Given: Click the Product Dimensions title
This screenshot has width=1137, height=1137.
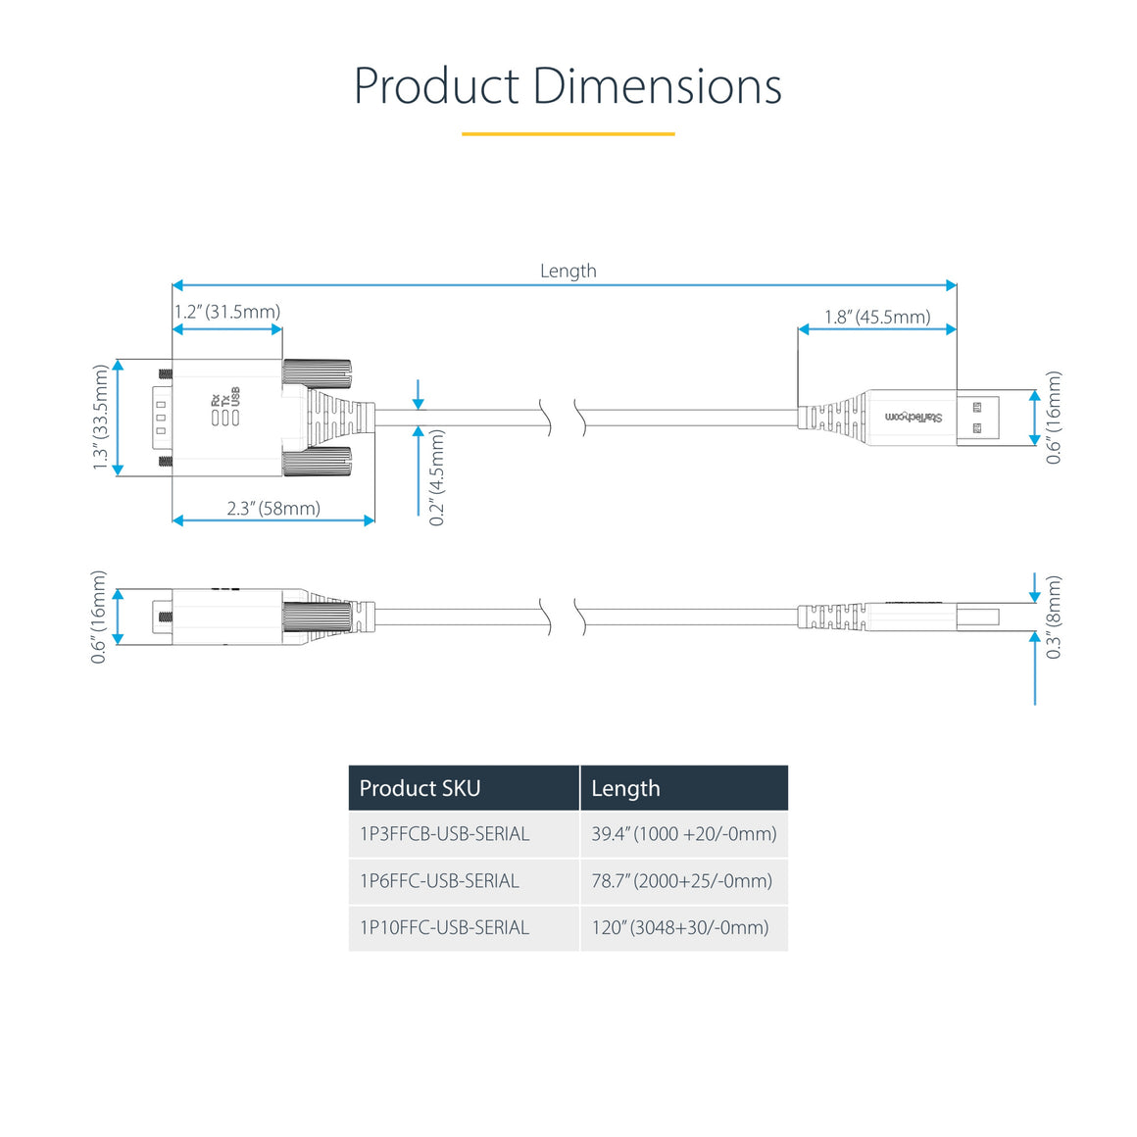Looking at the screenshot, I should [568, 86].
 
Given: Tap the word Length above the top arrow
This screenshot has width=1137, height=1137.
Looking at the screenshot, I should [568, 271].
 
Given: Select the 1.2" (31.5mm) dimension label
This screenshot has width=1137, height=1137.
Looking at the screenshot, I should [227, 312].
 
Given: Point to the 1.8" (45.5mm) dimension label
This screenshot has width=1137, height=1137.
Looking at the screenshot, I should [877, 317].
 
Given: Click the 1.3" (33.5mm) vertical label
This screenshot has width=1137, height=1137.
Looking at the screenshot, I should [100, 418].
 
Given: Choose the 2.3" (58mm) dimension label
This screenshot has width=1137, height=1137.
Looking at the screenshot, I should [273, 508].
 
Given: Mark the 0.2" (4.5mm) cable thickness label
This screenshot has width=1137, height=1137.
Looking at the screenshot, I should [437, 477].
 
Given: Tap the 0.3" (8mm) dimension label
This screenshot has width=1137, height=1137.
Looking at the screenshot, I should [1054, 617].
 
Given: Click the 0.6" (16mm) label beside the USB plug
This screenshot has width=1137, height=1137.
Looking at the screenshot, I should [1054, 418].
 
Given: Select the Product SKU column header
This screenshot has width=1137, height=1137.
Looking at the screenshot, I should [420, 788].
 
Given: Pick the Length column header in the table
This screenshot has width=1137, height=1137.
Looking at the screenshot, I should [625, 788].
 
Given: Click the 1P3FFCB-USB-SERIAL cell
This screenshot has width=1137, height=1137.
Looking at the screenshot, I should [444, 834].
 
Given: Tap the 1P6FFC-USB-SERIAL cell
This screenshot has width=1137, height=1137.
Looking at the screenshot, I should [439, 880].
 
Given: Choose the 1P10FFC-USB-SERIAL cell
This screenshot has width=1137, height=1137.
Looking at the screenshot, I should [444, 927].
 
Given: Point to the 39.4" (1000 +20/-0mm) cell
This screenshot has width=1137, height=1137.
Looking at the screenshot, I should [683, 834].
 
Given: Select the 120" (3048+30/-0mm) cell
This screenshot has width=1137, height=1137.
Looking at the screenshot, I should [680, 927].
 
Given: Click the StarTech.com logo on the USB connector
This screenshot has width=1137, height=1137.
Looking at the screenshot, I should [914, 418].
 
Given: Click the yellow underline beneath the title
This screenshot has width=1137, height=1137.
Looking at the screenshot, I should [568, 133].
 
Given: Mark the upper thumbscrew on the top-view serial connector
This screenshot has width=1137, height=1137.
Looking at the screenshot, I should [317, 371].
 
